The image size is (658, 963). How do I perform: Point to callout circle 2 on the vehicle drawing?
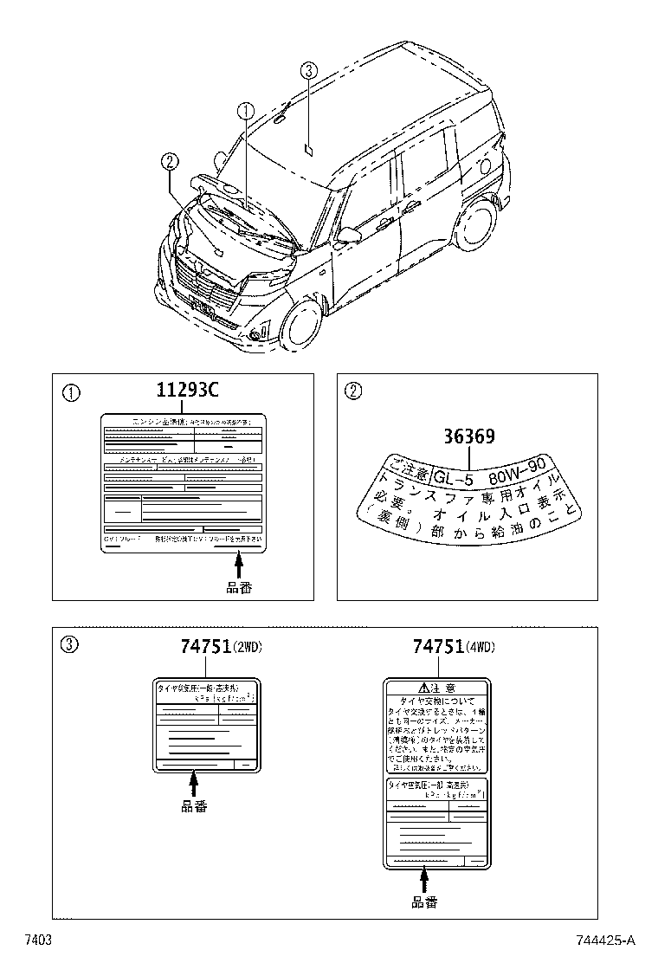pos(169,160)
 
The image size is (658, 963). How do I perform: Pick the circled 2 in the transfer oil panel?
pos(353,392)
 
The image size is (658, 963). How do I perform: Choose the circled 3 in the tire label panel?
pos(71,645)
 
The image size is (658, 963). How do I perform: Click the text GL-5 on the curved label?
pos(451,477)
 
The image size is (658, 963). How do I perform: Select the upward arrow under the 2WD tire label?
pos(193,784)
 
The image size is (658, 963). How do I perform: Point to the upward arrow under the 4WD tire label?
pos(424,881)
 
